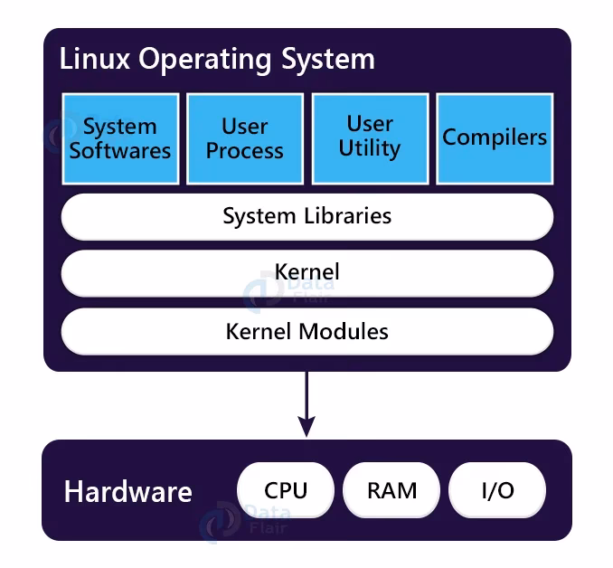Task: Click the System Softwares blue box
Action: click(119, 137)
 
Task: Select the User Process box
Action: click(244, 137)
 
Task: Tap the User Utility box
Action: click(370, 137)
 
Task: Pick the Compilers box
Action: click(495, 137)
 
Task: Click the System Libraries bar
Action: click(306, 216)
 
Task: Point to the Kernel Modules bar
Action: click(306, 331)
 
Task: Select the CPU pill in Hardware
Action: click(286, 490)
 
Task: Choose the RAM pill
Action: click(391, 490)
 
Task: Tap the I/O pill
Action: click(497, 490)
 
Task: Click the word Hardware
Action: click(128, 492)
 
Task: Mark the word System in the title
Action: click(329, 61)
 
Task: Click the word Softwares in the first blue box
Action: click(120, 150)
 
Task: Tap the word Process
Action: click(244, 150)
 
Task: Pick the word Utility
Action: click(370, 148)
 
